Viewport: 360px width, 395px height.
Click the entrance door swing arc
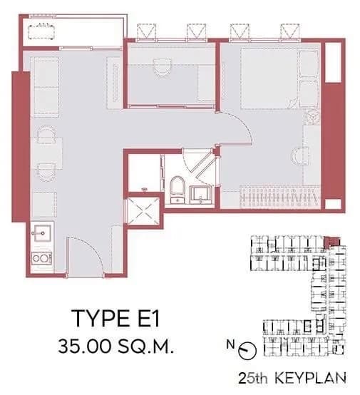[86, 253]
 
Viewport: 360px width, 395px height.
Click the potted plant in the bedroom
[311, 116]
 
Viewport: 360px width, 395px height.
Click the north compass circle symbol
[247, 350]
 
